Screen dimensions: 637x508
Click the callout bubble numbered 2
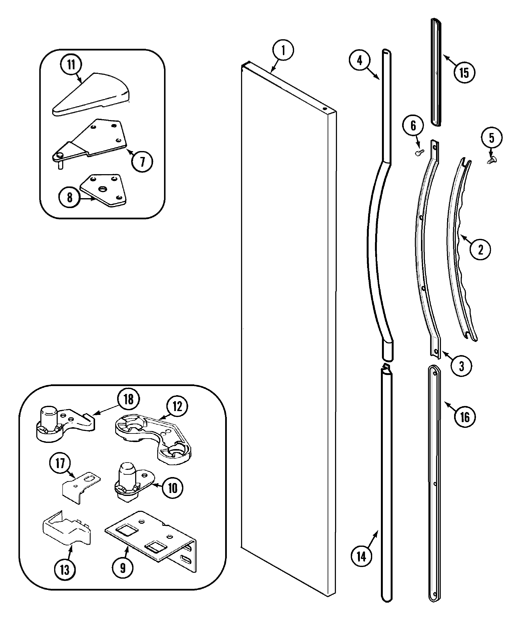[480, 249]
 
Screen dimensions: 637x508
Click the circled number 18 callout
[128, 399]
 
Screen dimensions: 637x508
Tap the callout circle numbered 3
[461, 366]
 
